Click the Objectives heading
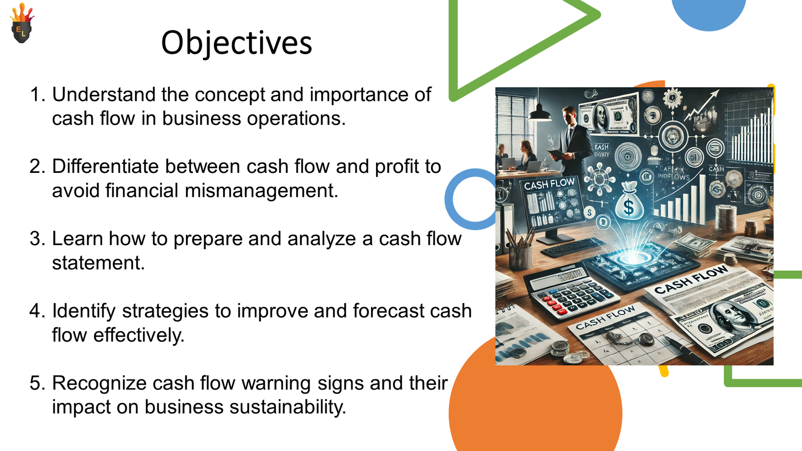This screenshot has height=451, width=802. coord(236,43)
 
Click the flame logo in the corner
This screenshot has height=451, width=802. coord(22,24)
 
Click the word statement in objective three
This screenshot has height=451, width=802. coord(98,263)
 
